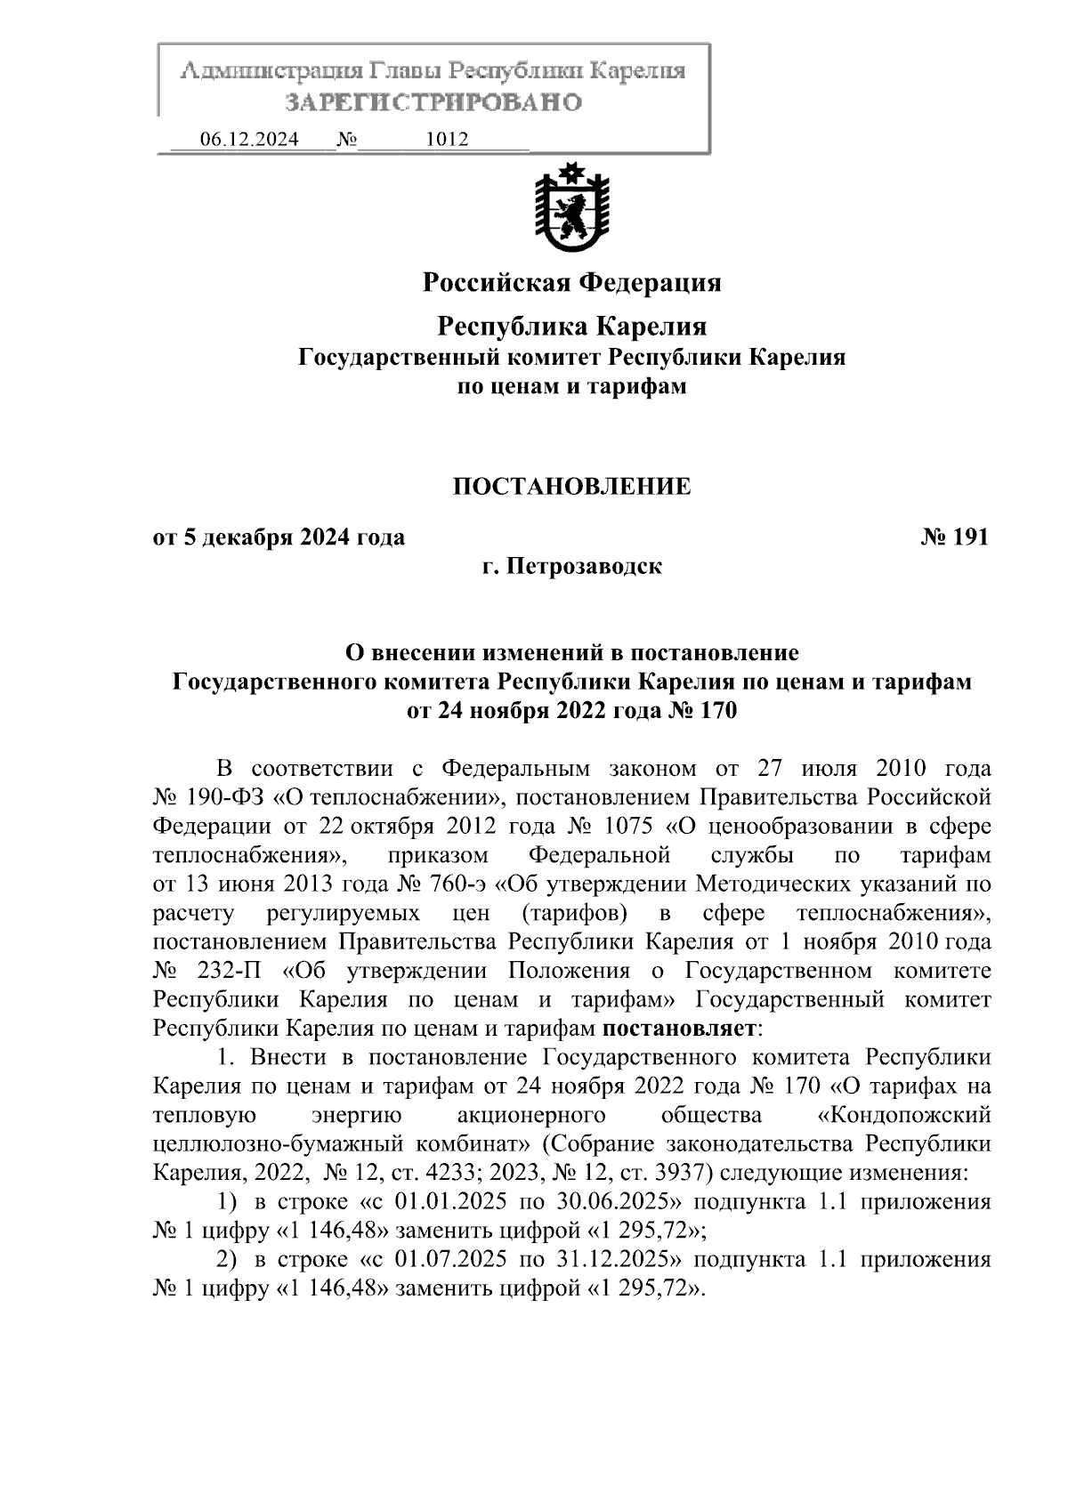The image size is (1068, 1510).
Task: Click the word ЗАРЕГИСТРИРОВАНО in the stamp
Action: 433,102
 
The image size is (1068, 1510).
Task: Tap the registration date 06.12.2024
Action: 249,140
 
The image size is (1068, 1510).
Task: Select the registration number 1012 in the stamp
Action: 448,140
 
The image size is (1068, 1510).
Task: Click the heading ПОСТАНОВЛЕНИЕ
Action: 571,487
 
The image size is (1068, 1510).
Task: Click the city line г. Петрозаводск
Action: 571,566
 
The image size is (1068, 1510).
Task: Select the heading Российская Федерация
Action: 571,283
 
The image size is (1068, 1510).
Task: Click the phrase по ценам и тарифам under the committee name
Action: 571,387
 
